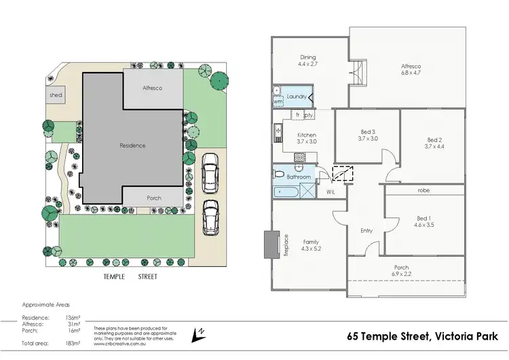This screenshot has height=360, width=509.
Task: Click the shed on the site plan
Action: click(x=56, y=96)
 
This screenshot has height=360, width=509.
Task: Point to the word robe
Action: click(x=424, y=191)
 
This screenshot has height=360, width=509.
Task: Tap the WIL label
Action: click(x=331, y=192)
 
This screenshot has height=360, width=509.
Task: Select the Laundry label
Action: click(x=297, y=97)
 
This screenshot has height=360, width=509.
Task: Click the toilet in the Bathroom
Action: click(x=279, y=174)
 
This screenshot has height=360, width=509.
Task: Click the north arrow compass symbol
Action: click(x=200, y=334)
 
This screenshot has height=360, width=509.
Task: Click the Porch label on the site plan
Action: click(x=154, y=198)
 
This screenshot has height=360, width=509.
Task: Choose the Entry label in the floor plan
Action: click(x=366, y=231)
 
